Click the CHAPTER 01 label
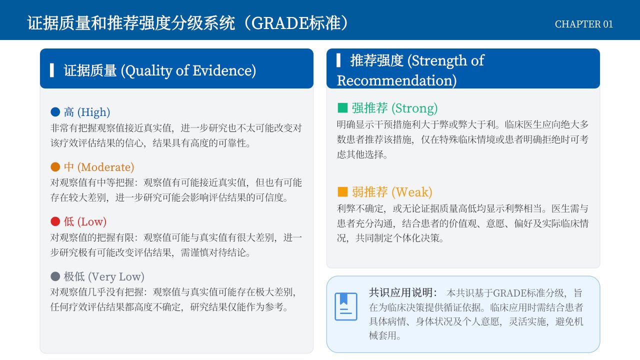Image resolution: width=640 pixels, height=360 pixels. coord(583,24)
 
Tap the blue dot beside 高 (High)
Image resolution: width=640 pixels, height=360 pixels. coord(55,112)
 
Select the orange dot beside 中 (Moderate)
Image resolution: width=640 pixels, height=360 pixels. coord(55,167)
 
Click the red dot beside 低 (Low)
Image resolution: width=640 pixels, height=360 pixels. coord(55,221)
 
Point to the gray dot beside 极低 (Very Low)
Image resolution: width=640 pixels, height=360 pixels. coord(55,276)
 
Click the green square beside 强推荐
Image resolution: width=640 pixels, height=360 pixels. coord(342,108)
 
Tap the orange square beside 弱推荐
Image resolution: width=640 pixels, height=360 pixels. coord(342,191)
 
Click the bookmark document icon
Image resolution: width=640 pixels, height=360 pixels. coord(345,306)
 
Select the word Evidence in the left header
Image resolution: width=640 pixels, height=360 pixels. coord(224,70)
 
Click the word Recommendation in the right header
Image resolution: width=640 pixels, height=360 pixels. coord(396,80)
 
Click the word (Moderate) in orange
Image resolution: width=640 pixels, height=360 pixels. coord(105,167)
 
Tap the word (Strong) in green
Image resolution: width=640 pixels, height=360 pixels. coord(414,108)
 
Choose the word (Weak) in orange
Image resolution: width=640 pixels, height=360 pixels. coord(411,192)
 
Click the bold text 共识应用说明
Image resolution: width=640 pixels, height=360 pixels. coord(403,292)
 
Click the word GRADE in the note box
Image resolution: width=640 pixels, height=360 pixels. coord(509,293)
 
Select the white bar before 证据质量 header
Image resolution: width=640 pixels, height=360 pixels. coord(51,70)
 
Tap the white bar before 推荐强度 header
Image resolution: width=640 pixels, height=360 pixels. coord(338,60)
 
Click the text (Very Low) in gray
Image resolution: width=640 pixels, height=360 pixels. coord(116,276)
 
